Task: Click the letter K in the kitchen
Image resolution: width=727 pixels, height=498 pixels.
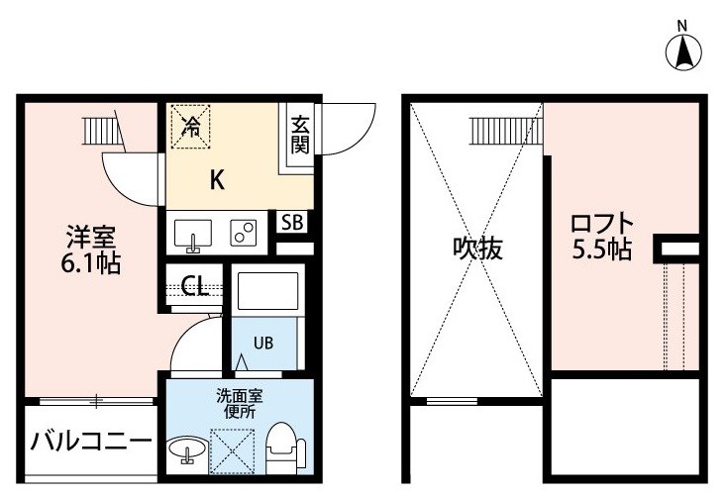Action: click(217, 180)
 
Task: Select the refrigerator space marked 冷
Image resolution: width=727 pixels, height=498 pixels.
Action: click(190, 127)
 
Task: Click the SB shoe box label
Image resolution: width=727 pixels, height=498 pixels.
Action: click(292, 223)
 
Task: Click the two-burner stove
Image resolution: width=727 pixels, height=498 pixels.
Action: click(244, 233)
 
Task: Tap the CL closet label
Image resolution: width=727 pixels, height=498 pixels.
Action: click(195, 286)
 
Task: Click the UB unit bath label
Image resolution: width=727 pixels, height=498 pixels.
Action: click(263, 343)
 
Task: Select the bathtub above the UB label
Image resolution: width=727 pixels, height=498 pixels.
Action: click(267, 291)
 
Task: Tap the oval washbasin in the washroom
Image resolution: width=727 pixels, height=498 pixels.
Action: click(187, 449)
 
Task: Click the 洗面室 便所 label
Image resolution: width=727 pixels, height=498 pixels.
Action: click(240, 404)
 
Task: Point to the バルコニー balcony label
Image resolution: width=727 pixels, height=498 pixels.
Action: click(91, 441)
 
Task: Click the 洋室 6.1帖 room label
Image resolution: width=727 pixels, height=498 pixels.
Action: click(91, 249)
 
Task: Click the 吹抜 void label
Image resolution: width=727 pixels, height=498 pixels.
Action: click(477, 249)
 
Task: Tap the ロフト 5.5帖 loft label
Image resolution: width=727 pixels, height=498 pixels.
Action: click(602, 237)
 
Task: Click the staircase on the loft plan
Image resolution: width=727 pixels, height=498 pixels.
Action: click(506, 131)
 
